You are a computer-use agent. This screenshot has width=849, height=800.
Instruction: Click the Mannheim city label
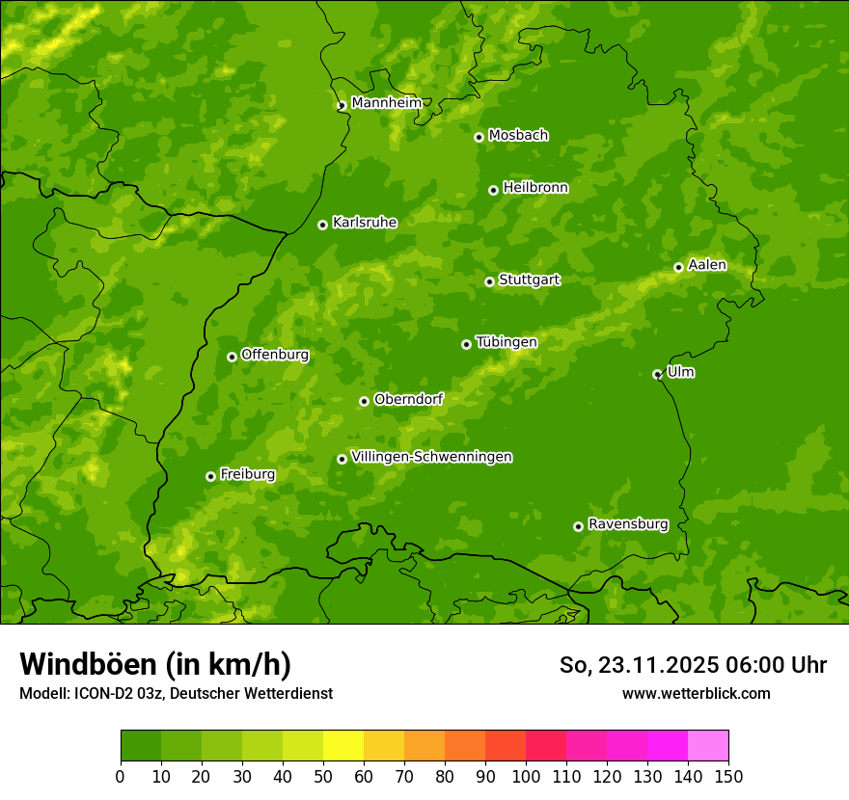click(x=386, y=103)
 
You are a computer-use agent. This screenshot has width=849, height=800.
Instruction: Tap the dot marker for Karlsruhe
click(x=322, y=225)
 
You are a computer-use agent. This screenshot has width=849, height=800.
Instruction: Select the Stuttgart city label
click(x=529, y=280)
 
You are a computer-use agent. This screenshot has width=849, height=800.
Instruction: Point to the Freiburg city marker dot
click(x=210, y=476)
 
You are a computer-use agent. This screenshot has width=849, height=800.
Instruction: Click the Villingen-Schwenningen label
click(x=431, y=457)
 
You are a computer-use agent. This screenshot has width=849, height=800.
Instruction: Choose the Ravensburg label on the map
click(x=627, y=524)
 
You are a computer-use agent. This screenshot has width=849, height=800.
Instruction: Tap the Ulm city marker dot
click(x=657, y=374)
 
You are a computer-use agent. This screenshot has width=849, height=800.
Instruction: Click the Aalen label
click(x=706, y=265)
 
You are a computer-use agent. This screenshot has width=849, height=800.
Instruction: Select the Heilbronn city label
click(x=535, y=188)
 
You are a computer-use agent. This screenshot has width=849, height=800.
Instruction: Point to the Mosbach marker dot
click(x=479, y=137)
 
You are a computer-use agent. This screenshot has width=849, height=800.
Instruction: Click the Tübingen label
click(x=506, y=342)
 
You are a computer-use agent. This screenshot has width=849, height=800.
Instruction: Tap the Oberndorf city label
click(x=408, y=399)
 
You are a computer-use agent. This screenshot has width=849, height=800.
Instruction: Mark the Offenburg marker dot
click(x=232, y=357)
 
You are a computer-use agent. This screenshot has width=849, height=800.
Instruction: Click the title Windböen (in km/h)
click(x=155, y=664)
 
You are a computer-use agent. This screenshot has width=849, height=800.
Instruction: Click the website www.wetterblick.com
click(x=696, y=693)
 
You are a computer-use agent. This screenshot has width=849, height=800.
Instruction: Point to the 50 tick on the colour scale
click(x=323, y=776)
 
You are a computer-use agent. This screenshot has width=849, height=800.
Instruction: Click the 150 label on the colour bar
click(x=728, y=776)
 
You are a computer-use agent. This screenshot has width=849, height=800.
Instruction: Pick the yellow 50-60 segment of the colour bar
click(x=343, y=746)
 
